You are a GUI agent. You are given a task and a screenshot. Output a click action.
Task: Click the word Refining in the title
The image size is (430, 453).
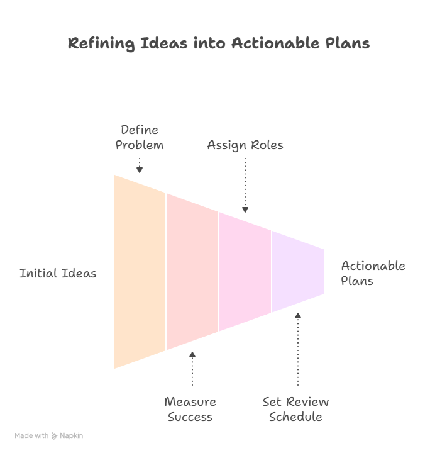point(101,43)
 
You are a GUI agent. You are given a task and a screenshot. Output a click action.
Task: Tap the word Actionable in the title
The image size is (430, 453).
point(275,43)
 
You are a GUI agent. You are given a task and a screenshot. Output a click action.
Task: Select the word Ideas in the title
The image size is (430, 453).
point(164,43)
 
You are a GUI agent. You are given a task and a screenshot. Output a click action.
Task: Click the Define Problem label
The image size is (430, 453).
point(140,137)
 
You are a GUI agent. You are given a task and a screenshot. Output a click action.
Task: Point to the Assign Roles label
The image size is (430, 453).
point(245,145)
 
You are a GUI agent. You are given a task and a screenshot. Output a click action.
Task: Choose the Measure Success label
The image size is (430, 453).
point(190,409)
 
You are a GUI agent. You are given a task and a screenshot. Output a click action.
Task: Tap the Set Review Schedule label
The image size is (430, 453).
point(295,409)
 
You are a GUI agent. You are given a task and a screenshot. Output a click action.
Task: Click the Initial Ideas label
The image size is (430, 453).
point(58,273)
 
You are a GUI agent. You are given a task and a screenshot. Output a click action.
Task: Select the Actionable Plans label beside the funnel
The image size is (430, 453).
point(373,273)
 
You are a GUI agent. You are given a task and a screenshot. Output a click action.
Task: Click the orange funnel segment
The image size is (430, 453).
point(140,272)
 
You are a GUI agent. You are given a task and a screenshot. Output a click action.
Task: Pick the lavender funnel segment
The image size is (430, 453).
point(298,272)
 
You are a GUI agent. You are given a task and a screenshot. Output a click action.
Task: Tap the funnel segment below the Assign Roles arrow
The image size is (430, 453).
point(245,272)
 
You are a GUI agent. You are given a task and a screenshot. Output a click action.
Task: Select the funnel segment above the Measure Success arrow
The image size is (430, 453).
point(192,272)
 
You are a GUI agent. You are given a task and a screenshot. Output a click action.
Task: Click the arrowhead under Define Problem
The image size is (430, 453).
point(140,170)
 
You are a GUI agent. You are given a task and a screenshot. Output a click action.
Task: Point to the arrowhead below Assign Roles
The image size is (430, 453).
point(245,210)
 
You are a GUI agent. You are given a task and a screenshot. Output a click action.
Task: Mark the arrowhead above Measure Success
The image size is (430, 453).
point(192,354)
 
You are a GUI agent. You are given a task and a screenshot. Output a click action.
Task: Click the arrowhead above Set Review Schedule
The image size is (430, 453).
point(298,315)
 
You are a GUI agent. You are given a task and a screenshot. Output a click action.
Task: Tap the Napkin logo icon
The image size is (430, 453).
point(54,435)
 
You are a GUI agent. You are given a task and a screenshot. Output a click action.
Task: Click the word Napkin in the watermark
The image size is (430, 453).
point(71,435)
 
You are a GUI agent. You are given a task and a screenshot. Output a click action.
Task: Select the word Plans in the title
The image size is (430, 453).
point(348,43)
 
